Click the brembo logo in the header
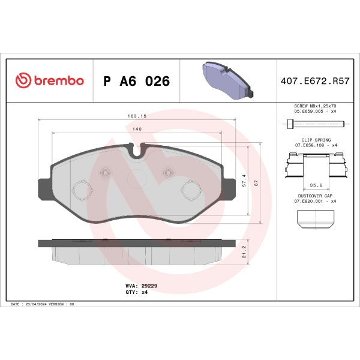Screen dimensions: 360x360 (49, 81)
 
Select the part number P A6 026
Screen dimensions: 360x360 (136, 82)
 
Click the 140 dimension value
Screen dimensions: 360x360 (137, 130)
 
